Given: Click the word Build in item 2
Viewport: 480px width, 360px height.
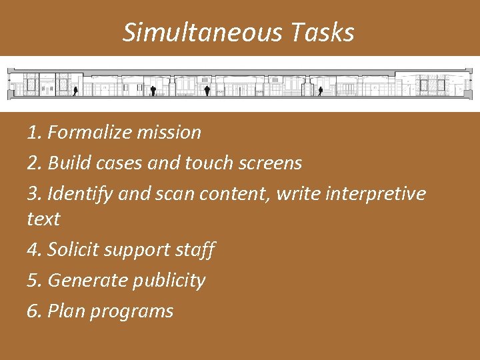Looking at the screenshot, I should [69, 163].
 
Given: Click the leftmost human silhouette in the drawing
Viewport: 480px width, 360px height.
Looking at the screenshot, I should [75, 89].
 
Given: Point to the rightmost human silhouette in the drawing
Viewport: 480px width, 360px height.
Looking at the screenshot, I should [320, 89].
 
